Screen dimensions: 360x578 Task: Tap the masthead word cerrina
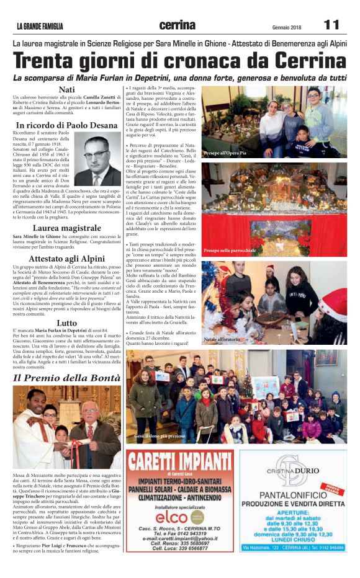[177, 25]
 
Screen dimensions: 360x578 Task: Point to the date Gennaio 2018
[286, 27]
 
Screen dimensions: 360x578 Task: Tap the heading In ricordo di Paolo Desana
[66, 125]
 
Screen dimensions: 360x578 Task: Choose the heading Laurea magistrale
[66, 228]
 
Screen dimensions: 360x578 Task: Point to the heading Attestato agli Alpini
[66, 259]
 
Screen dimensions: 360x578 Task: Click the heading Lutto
[66, 322]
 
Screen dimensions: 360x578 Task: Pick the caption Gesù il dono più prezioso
[159, 437]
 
